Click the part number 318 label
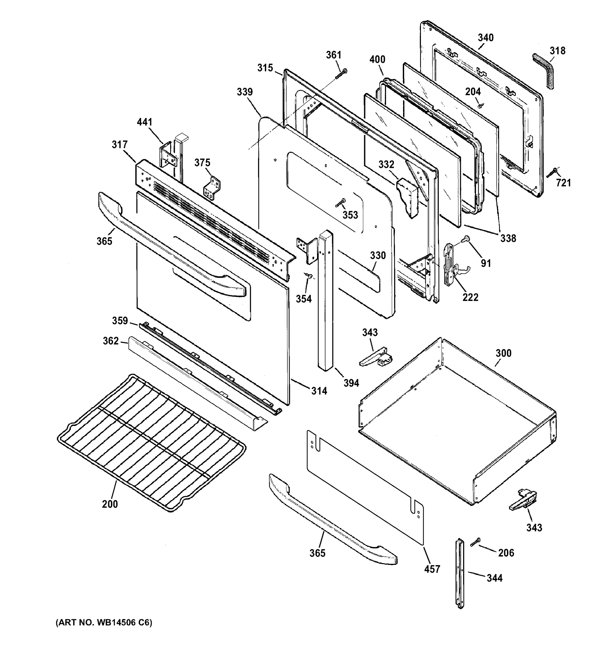pos(558,51)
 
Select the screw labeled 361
pos(341,74)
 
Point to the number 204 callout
pos(473,92)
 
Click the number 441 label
pos(144,122)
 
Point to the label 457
pos(432,569)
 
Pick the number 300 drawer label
pos(503,353)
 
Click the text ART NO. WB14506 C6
pos(104,622)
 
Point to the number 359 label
pos(120,321)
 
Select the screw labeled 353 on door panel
pos(340,203)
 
